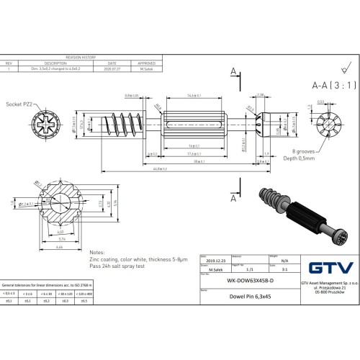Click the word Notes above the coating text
pyautogui.click(x=97, y=253)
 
